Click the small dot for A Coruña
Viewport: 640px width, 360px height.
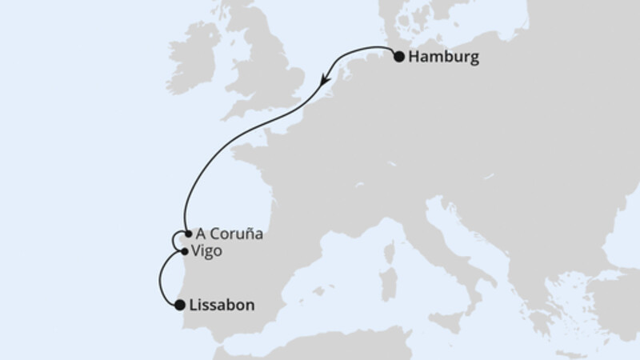tap(186, 234)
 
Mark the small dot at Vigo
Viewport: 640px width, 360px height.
tap(186, 251)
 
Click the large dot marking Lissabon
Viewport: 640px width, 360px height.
tap(179, 304)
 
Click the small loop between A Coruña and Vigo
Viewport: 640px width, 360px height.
tap(177, 242)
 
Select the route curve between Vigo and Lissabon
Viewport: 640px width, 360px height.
tap(162, 280)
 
